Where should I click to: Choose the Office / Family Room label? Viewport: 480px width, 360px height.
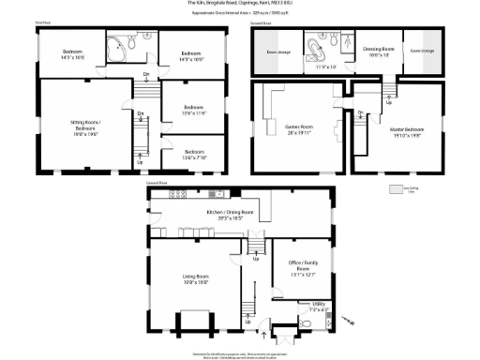302,271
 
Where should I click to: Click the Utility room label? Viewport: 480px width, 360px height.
320,305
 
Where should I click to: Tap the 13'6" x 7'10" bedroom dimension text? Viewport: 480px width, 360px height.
194,156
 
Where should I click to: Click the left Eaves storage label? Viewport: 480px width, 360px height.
278,51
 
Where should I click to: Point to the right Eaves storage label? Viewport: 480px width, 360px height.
422,51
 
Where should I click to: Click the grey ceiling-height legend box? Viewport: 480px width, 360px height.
395,187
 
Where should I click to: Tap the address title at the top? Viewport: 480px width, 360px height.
240,4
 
